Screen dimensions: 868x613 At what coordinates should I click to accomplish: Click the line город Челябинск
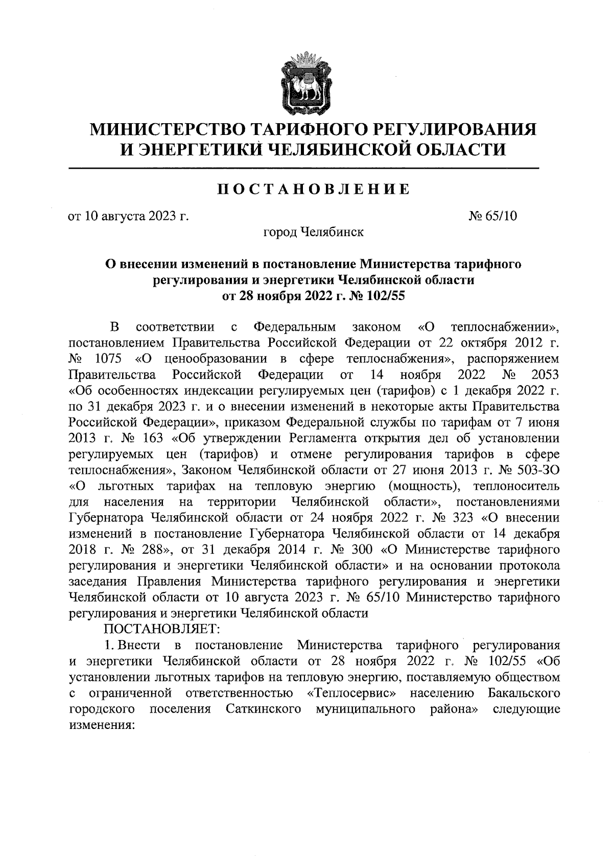(x=313, y=232)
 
